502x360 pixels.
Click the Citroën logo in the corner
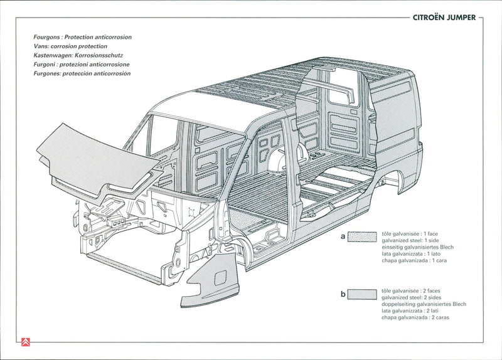coord(26,342)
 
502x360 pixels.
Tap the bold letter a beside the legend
coord(343,236)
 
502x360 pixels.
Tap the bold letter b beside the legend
coord(343,294)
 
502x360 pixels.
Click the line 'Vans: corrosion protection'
coord(70,46)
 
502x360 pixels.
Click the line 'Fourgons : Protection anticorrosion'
coord(82,37)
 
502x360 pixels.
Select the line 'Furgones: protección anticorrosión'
coord(82,73)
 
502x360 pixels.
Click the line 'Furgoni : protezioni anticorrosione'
coord(82,65)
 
